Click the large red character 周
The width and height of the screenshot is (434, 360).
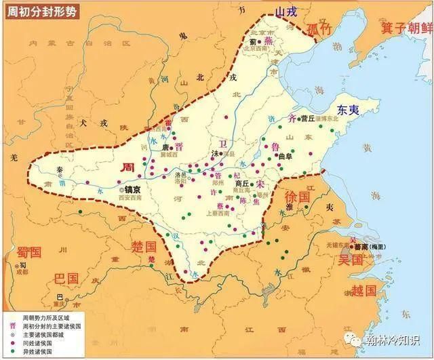click(127, 167)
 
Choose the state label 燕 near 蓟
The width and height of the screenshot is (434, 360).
click(268, 41)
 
